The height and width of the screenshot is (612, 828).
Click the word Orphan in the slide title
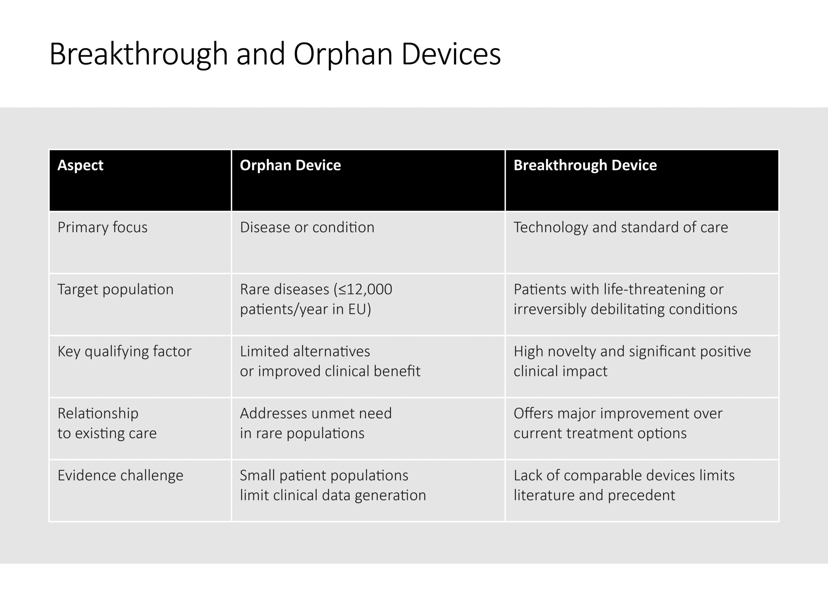(343, 55)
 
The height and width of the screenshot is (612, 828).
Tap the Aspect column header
(81, 165)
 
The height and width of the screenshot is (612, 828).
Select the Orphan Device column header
(290, 165)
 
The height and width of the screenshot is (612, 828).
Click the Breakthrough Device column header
(585, 165)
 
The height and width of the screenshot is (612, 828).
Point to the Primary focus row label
(102, 227)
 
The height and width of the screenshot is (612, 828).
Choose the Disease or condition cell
(307, 227)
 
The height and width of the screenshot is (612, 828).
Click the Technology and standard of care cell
(620, 227)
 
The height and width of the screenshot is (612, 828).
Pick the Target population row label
(115, 289)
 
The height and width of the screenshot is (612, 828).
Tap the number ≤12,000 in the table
(365, 289)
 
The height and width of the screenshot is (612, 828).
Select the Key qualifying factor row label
(124, 351)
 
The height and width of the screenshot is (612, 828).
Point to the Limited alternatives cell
(305, 351)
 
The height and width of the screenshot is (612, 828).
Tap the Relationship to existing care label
(107, 423)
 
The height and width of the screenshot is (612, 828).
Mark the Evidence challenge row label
(120, 475)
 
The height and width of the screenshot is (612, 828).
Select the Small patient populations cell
(324, 475)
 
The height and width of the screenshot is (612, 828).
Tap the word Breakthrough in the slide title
(138, 55)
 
